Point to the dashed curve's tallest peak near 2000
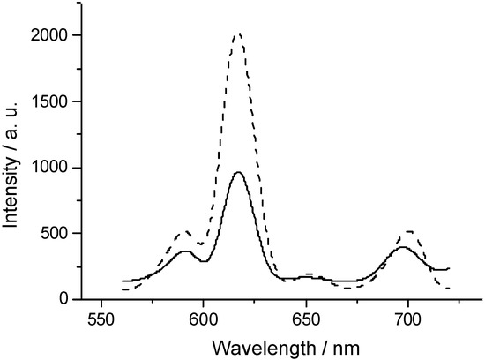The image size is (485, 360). pos(237,34)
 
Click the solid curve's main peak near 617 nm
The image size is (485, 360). pos(238,172)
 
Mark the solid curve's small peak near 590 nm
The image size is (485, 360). pos(185,251)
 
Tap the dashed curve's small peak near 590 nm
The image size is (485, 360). pos(183,233)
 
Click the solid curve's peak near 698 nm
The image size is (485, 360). pos(404,247)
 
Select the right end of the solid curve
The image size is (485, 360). pos(449,268)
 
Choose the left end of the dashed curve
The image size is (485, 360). pos(122,290)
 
